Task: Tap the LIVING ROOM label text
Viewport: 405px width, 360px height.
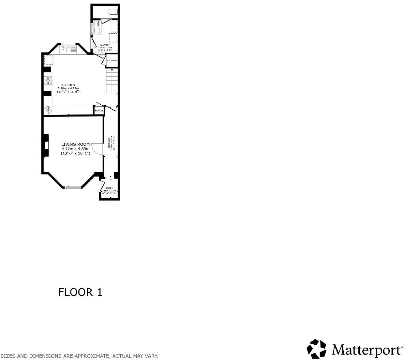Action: (x=75, y=144)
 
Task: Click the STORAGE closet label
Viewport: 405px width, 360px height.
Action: (x=112, y=61)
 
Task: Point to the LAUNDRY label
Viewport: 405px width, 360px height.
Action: (x=105, y=45)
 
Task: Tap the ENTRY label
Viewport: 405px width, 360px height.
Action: (x=109, y=188)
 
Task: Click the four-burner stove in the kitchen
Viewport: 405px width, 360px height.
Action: (x=48, y=80)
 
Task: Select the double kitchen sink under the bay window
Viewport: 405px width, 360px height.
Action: (x=68, y=49)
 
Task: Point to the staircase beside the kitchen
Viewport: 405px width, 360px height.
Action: (x=111, y=82)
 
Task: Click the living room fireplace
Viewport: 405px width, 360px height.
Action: (x=46, y=145)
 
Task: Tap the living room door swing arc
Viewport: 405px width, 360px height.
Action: (x=97, y=149)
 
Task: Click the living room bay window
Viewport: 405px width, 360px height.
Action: (x=72, y=187)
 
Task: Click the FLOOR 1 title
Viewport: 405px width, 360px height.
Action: (x=80, y=292)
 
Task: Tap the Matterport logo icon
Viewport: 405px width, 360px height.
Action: (x=316, y=349)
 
